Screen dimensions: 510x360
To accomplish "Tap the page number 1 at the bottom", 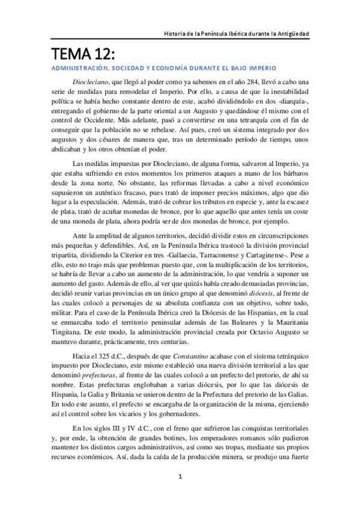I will [x=180, y=494].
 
